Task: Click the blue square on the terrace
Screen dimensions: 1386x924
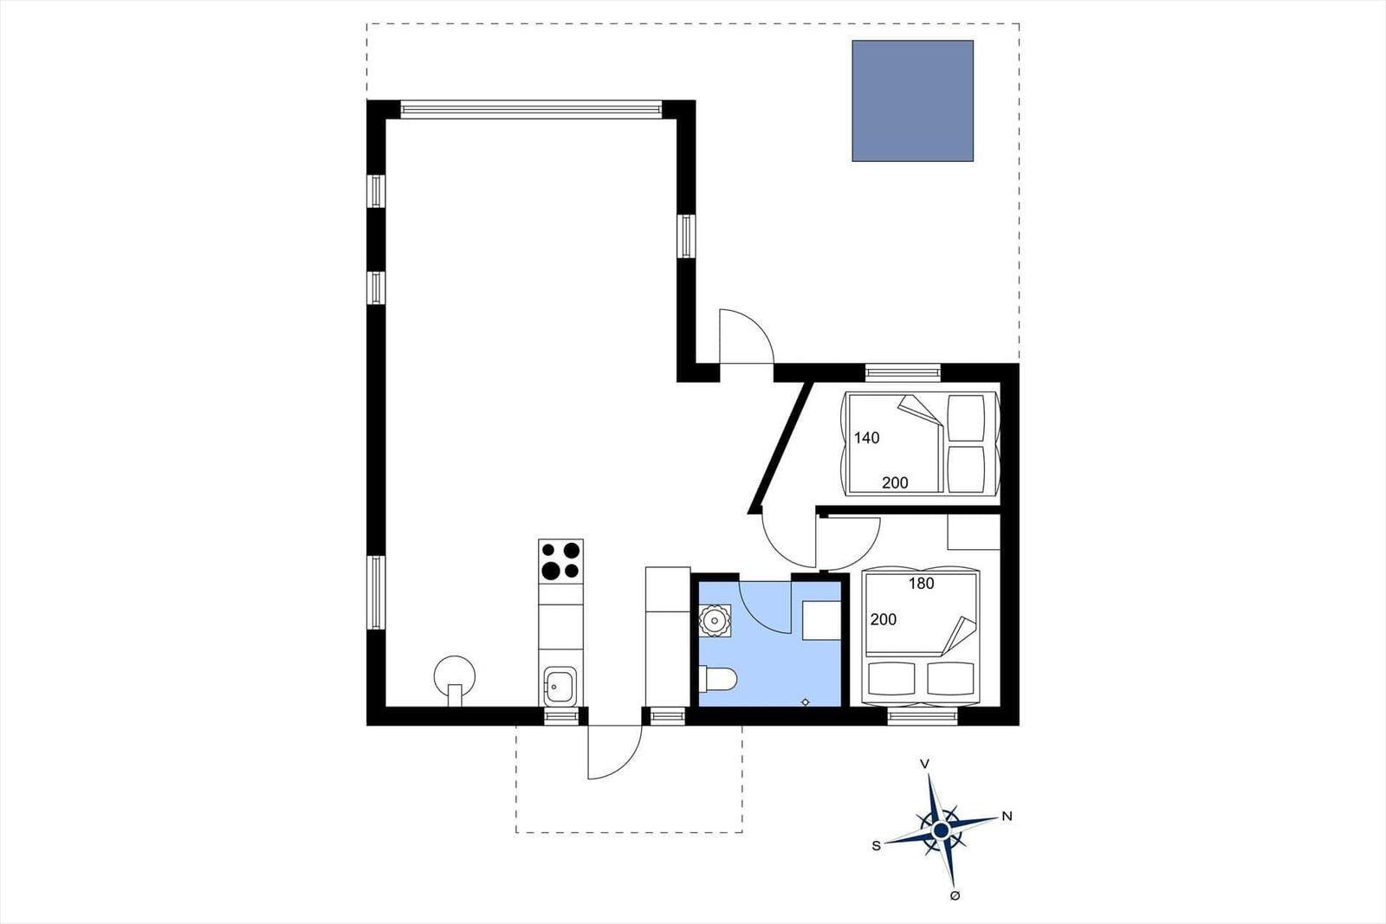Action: pyautogui.click(x=913, y=100)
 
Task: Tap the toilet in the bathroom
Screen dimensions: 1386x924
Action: pyautogui.click(x=718, y=678)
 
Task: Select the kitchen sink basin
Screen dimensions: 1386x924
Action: pyautogui.click(x=560, y=686)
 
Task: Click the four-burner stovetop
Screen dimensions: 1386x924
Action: pyautogui.click(x=560, y=561)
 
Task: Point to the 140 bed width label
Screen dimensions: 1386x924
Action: pyautogui.click(x=867, y=438)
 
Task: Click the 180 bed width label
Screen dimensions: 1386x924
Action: pyautogui.click(x=922, y=583)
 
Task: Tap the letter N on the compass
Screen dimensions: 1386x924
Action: pyautogui.click(x=1007, y=817)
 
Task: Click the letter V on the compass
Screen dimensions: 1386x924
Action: pyautogui.click(x=924, y=765)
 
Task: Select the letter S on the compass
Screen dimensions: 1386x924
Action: pyautogui.click(x=876, y=846)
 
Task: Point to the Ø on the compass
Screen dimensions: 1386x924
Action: pyautogui.click(x=955, y=895)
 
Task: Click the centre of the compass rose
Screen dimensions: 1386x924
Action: pyautogui.click(x=941, y=830)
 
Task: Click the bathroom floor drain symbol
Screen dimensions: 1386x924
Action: pyautogui.click(x=805, y=702)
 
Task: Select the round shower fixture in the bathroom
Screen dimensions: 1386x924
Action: pyautogui.click(x=716, y=620)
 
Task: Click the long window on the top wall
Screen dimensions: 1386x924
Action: pyautogui.click(x=531, y=109)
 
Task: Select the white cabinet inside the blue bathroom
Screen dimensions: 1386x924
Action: pyautogui.click(x=822, y=620)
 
